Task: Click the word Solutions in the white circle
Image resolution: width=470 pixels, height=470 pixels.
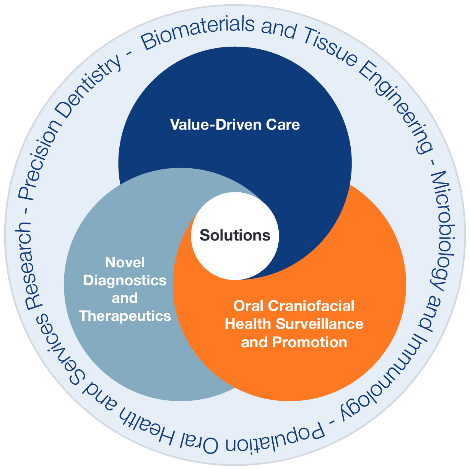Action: (x=235, y=235)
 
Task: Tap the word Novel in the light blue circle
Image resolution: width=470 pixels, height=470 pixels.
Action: (x=125, y=262)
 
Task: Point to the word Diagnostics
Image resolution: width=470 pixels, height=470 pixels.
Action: (x=125, y=280)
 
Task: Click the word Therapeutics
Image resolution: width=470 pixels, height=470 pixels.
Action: (x=125, y=316)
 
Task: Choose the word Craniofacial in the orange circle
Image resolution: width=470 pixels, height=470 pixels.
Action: (x=311, y=306)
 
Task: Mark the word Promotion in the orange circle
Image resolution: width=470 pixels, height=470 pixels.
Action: (x=310, y=342)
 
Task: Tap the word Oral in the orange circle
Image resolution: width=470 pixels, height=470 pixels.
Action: (x=249, y=306)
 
